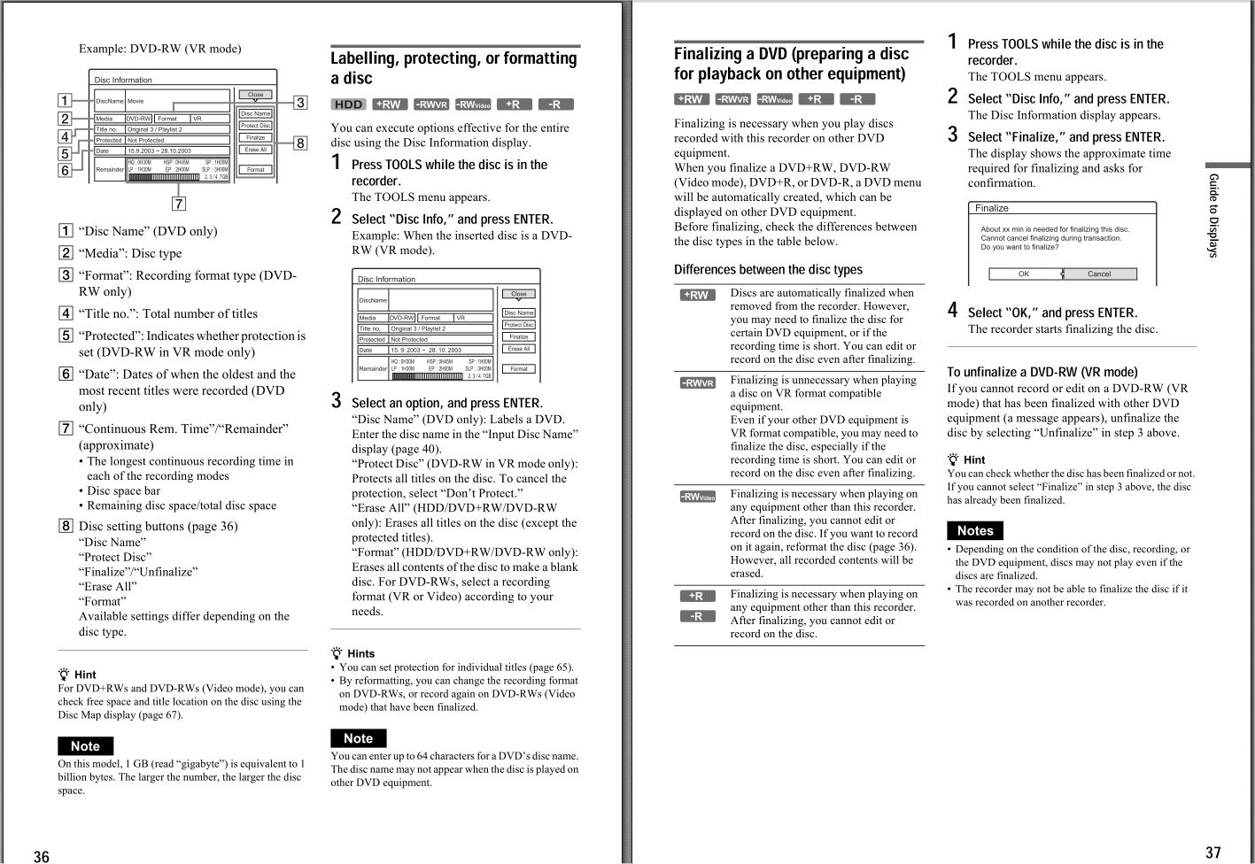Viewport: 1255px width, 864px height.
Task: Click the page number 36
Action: pyautogui.click(x=42, y=855)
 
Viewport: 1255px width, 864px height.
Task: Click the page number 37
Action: pyautogui.click(x=1212, y=852)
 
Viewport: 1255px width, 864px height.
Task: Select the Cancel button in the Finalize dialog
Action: pyautogui.click(x=1098, y=274)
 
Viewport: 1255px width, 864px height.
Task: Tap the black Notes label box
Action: pyautogui.click(x=974, y=530)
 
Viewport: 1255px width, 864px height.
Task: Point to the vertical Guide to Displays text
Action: pyautogui.click(x=1213, y=216)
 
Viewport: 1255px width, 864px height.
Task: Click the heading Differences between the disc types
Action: pyautogui.click(x=767, y=269)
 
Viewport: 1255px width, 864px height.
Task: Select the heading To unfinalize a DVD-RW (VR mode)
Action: pyautogui.click(x=1042, y=372)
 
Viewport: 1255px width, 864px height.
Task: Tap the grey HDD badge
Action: pyautogui.click(x=348, y=104)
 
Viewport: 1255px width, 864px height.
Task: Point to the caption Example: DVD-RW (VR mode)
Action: pyautogui.click(x=159, y=49)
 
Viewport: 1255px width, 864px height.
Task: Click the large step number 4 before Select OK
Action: pyautogui.click(x=953, y=310)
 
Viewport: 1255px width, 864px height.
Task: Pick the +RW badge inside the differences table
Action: pyautogui.click(x=697, y=295)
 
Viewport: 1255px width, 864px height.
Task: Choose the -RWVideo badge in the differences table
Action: pyautogui.click(x=697, y=497)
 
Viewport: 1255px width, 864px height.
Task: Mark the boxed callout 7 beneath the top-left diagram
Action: pyautogui.click(x=179, y=204)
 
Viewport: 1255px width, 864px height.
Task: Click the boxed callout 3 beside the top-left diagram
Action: pyautogui.click(x=300, y=103)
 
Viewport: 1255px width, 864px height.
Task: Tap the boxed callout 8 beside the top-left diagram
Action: pyautogui.click(x=300, y=143)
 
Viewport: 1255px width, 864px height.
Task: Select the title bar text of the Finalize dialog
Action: pyautogui.click(x=991, y=208)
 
